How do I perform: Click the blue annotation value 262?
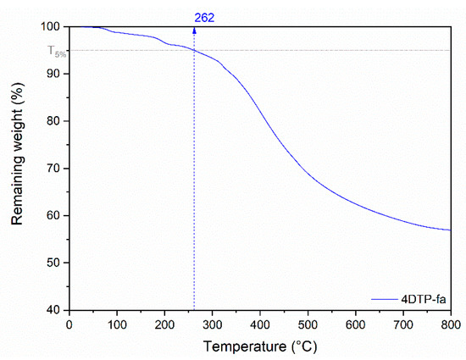pos(204,16)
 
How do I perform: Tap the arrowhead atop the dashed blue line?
pos(194,30)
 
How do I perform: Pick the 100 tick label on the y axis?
pos(53,27)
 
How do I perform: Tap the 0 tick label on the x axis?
pos(69,324)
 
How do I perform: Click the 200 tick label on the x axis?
pos(164,324)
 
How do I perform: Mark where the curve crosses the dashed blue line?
pos(194,51)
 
